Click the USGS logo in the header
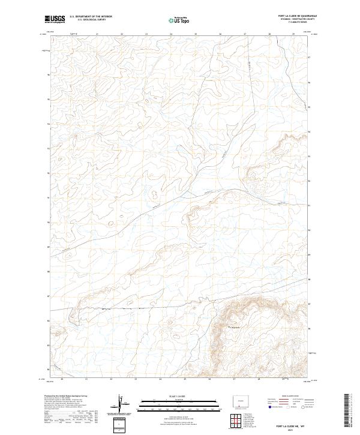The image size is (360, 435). click(x=55, y=19)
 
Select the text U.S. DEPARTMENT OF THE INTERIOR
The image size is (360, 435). click(x=91, y=17)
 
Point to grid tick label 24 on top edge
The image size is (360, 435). click(x=170, y=35)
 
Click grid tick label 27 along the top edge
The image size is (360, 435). click(x=245, y=35)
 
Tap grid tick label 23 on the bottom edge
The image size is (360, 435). click(x=136, y=380)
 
